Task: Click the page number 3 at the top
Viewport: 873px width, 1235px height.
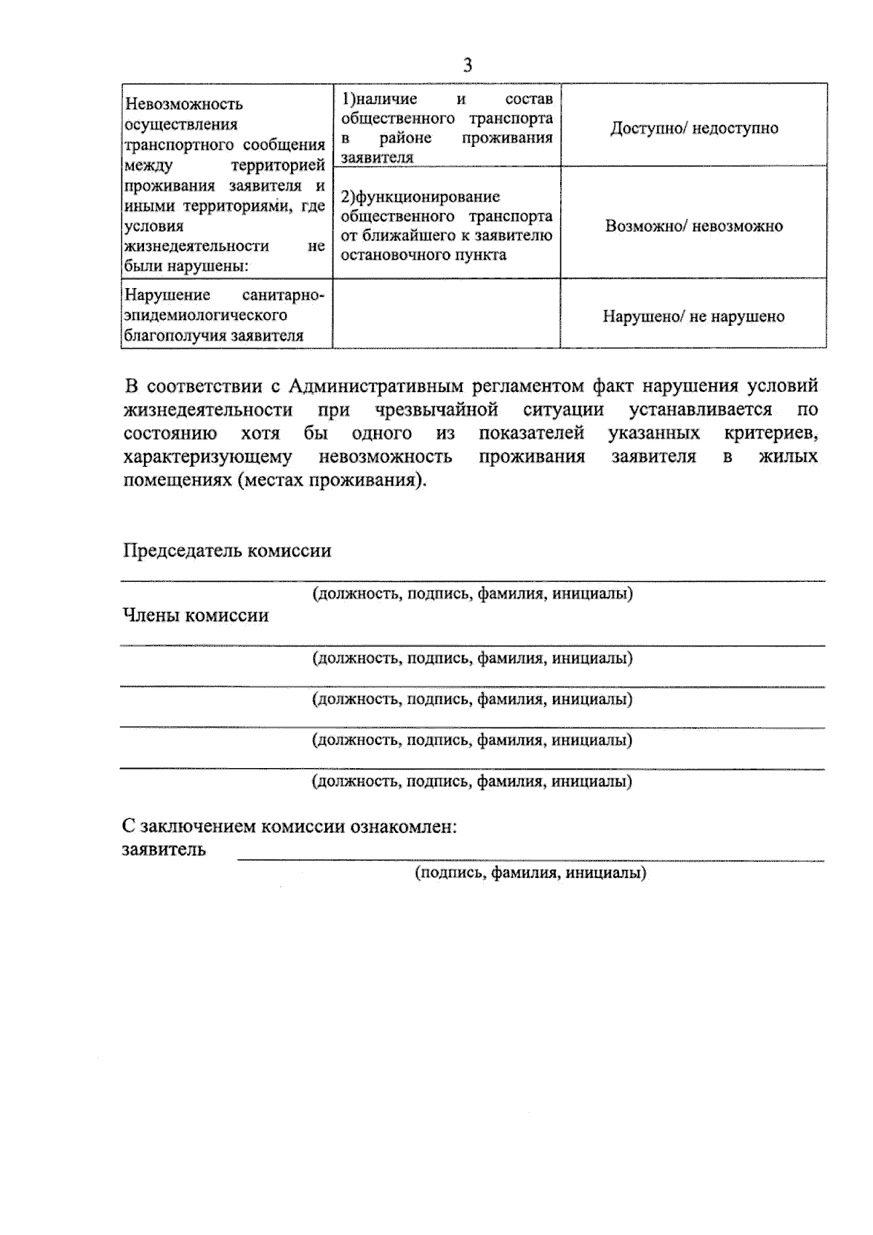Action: click(x=467, y=65)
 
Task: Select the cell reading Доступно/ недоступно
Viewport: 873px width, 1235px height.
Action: click(x=693, y=128)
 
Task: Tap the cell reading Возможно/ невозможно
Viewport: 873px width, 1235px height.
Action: click(x=693, y=225)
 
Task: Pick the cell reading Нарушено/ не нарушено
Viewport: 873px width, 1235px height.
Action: click(x=693, y=316)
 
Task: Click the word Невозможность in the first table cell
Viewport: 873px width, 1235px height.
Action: click(x=183, y=104)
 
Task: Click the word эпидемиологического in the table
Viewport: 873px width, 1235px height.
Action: click(x=205, y=316)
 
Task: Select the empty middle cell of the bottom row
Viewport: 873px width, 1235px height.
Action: click(x=446, y=313)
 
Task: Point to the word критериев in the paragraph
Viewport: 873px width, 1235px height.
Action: click(x=770, y=433)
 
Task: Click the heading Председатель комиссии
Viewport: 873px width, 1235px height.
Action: click(x=226, y=551)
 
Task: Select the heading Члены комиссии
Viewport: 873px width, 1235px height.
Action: click(x=195, y=616)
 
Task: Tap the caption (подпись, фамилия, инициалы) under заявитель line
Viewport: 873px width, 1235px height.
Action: click(x=530, y=873)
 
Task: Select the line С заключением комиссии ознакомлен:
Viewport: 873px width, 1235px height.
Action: click(x=289, y=827)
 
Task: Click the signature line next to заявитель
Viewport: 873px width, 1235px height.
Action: click(x=530, y=860)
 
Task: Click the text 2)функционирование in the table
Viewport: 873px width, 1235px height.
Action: click(x=420, y=196)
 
